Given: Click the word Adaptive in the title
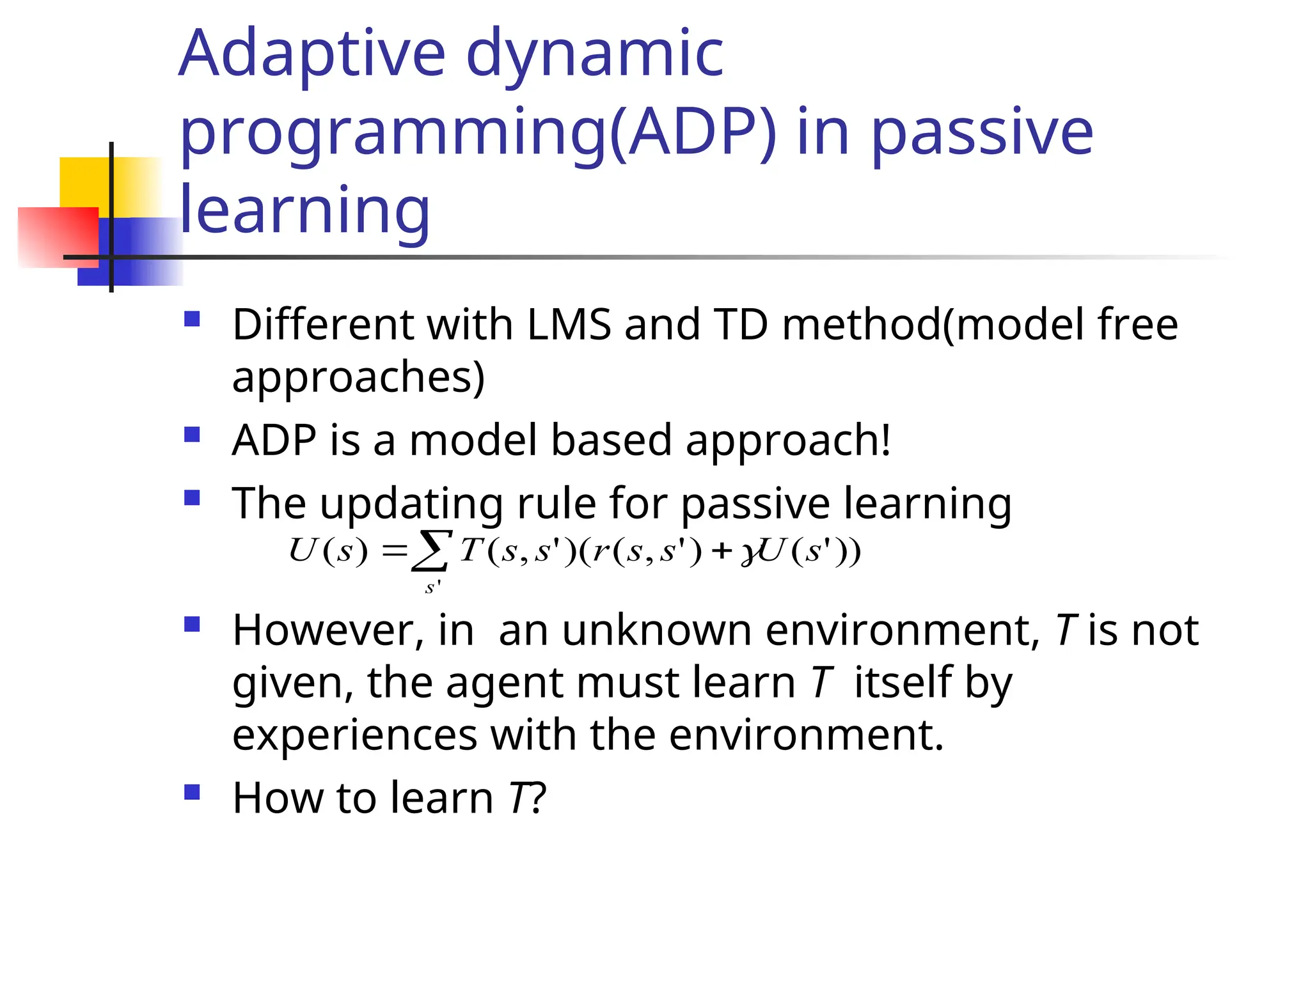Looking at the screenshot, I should click(312, 54).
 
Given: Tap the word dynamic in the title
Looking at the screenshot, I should click(595, 54).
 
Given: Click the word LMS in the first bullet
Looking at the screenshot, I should click(569, 324).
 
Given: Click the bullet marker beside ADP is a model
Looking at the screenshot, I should click(192, 435).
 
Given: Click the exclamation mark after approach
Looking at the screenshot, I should click(885, 440).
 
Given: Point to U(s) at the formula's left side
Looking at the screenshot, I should click(328, 550).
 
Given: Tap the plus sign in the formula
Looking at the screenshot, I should click(722, 551).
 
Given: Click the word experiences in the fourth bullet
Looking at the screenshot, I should click(354, 735).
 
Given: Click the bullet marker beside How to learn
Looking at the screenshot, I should click(192, 793).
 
